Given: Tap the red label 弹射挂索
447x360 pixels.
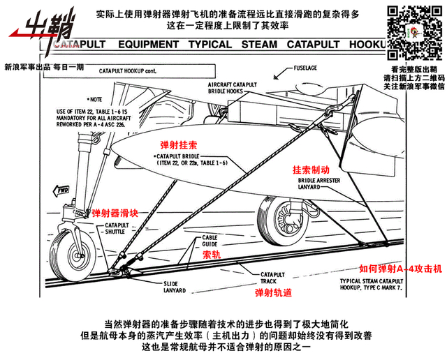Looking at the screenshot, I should click(179, 144).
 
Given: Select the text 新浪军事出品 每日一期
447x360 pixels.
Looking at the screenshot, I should click(43, 67).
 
